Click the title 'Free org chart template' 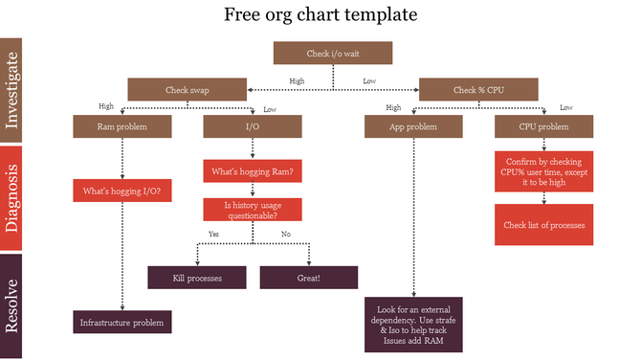[320, 15]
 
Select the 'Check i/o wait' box [332, 54]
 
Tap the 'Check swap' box [188, 90]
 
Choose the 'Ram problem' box [122, 126]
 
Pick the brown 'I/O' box [252, 126]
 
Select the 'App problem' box [413, 126]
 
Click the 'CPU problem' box [542, 126]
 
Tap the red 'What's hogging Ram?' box [252, 172]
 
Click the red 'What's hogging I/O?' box [122, 191]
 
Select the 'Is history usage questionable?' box [252, 210]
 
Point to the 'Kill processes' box [197, 278]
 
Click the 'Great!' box [309, 278]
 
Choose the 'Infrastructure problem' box [122, 323]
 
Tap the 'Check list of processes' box [543, 225]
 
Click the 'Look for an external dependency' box [413, 324]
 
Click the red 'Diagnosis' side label [11, 198]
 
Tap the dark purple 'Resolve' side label [11, 305]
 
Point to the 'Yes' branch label [214, 235]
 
